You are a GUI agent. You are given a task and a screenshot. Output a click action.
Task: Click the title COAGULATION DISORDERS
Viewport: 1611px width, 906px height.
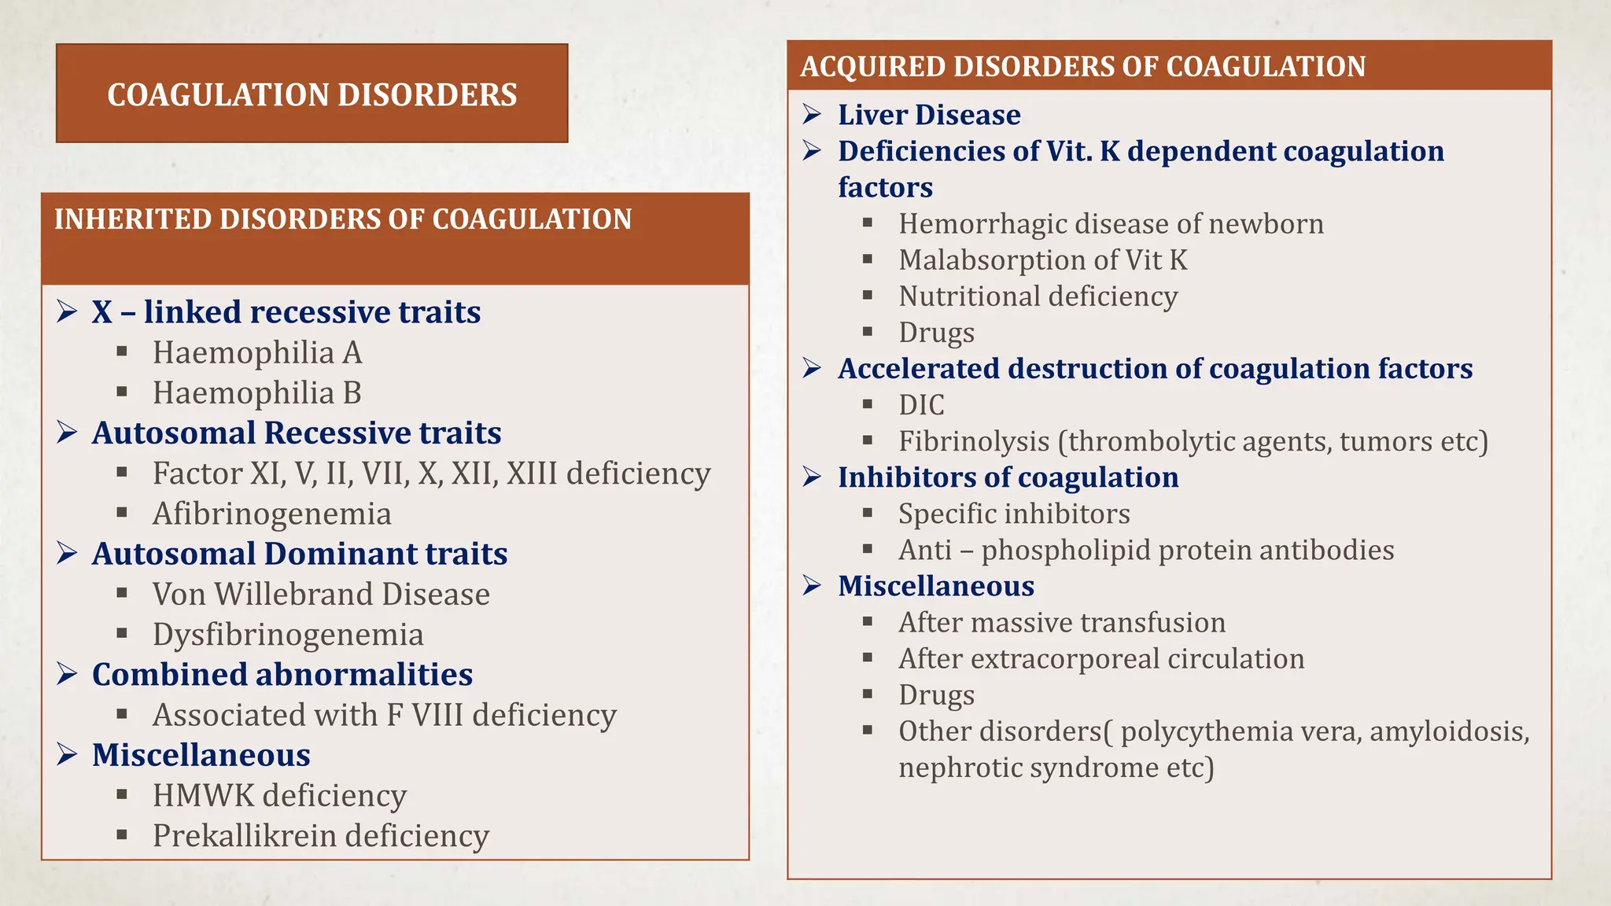312,94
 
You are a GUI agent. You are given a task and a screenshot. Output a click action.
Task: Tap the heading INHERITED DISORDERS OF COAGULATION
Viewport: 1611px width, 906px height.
343,219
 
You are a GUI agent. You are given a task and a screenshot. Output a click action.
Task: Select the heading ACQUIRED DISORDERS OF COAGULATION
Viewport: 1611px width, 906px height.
1082,67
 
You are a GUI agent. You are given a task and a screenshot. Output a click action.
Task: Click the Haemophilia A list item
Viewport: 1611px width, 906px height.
257,352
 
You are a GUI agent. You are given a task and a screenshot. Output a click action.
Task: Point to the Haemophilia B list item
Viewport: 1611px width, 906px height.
257,392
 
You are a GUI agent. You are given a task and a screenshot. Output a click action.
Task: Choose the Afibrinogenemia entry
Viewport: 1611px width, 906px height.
271,514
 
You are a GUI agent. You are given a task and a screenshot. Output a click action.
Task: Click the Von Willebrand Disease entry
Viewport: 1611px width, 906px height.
321,594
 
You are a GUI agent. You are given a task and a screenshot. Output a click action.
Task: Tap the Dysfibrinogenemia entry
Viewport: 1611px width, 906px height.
288,635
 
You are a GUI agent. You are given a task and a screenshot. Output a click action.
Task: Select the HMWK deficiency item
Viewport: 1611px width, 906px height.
279,795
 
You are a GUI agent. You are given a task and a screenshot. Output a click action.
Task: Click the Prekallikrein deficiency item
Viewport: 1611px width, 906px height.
321,835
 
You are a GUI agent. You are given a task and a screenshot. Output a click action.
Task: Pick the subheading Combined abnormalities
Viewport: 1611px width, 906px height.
282,675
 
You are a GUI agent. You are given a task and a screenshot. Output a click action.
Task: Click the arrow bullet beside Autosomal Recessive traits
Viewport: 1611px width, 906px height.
67,433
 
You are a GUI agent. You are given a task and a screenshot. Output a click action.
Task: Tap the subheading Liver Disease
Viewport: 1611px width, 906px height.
929,115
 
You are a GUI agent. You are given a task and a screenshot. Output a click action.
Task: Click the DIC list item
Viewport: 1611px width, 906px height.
921,405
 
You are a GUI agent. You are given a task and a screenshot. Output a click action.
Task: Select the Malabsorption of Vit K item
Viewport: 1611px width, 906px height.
1043,260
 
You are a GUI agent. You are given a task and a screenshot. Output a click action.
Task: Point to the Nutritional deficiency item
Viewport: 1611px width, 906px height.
1038,296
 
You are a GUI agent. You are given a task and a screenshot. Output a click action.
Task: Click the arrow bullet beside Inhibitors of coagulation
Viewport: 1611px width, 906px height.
813,477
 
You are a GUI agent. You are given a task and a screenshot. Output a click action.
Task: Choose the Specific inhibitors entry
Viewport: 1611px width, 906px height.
1014,514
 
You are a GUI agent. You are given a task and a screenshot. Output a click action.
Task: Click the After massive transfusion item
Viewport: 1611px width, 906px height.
1062,622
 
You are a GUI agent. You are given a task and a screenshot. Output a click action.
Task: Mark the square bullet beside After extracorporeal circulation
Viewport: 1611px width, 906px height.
868,657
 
